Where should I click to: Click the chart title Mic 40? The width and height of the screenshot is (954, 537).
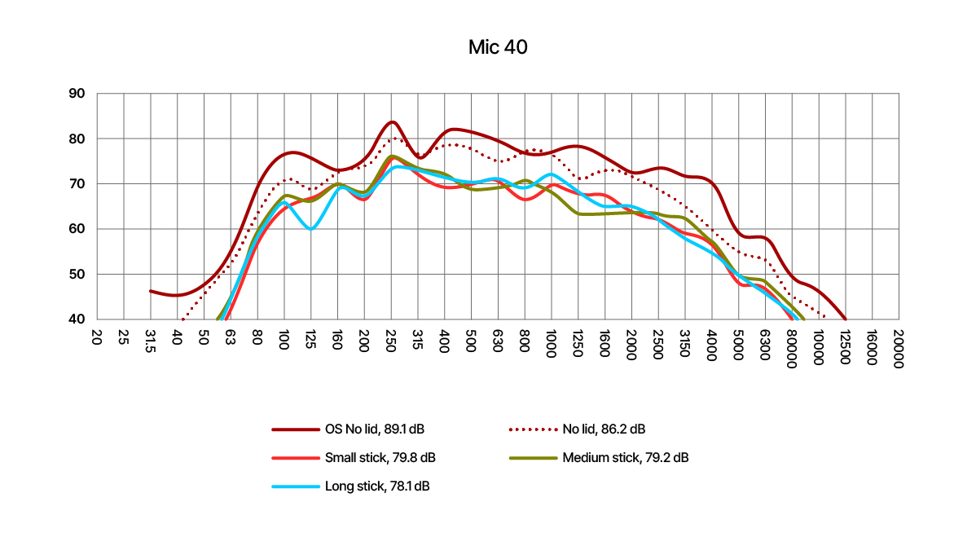coord(498,47)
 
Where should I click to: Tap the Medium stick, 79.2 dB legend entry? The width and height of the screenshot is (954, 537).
coord(625,457)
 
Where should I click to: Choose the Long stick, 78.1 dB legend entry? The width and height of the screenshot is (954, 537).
coord(377,486)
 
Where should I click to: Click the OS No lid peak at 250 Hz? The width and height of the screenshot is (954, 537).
coord(392,122)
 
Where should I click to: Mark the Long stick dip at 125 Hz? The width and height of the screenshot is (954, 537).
coord(310,229)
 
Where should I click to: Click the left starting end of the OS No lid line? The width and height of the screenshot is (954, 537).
coord(151,290)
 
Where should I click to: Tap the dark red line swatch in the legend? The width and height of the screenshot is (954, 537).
coord(296,429)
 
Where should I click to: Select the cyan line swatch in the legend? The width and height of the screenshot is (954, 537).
coord(296,486)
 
